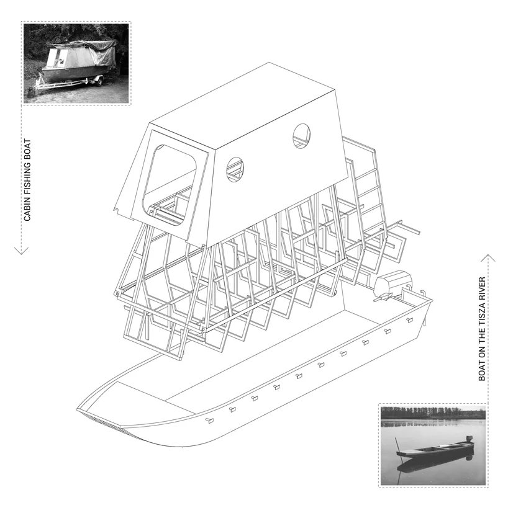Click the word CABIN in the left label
pos(27,210)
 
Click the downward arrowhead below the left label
pos(21,251)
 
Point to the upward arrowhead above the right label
pos(488,258)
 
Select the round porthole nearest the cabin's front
pos(235,169)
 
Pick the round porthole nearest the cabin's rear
pos(301,136)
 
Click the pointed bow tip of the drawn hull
pos(78,409)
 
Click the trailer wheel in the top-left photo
pos(99,81)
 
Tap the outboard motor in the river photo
pos(469,440)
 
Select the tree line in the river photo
pos(433,412)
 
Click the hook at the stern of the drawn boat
pos(423,293)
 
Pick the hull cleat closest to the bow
pos(209,421)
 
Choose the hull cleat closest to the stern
pos(410,320)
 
